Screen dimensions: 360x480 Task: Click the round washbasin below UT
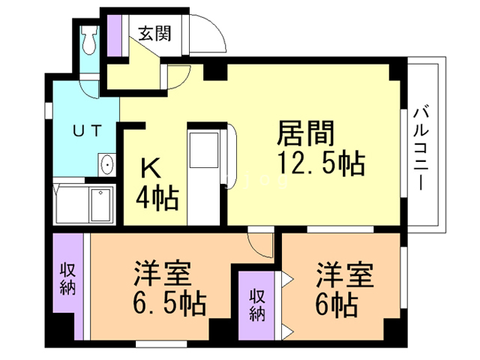[106, 163]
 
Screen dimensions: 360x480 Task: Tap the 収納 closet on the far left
[67, 277]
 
